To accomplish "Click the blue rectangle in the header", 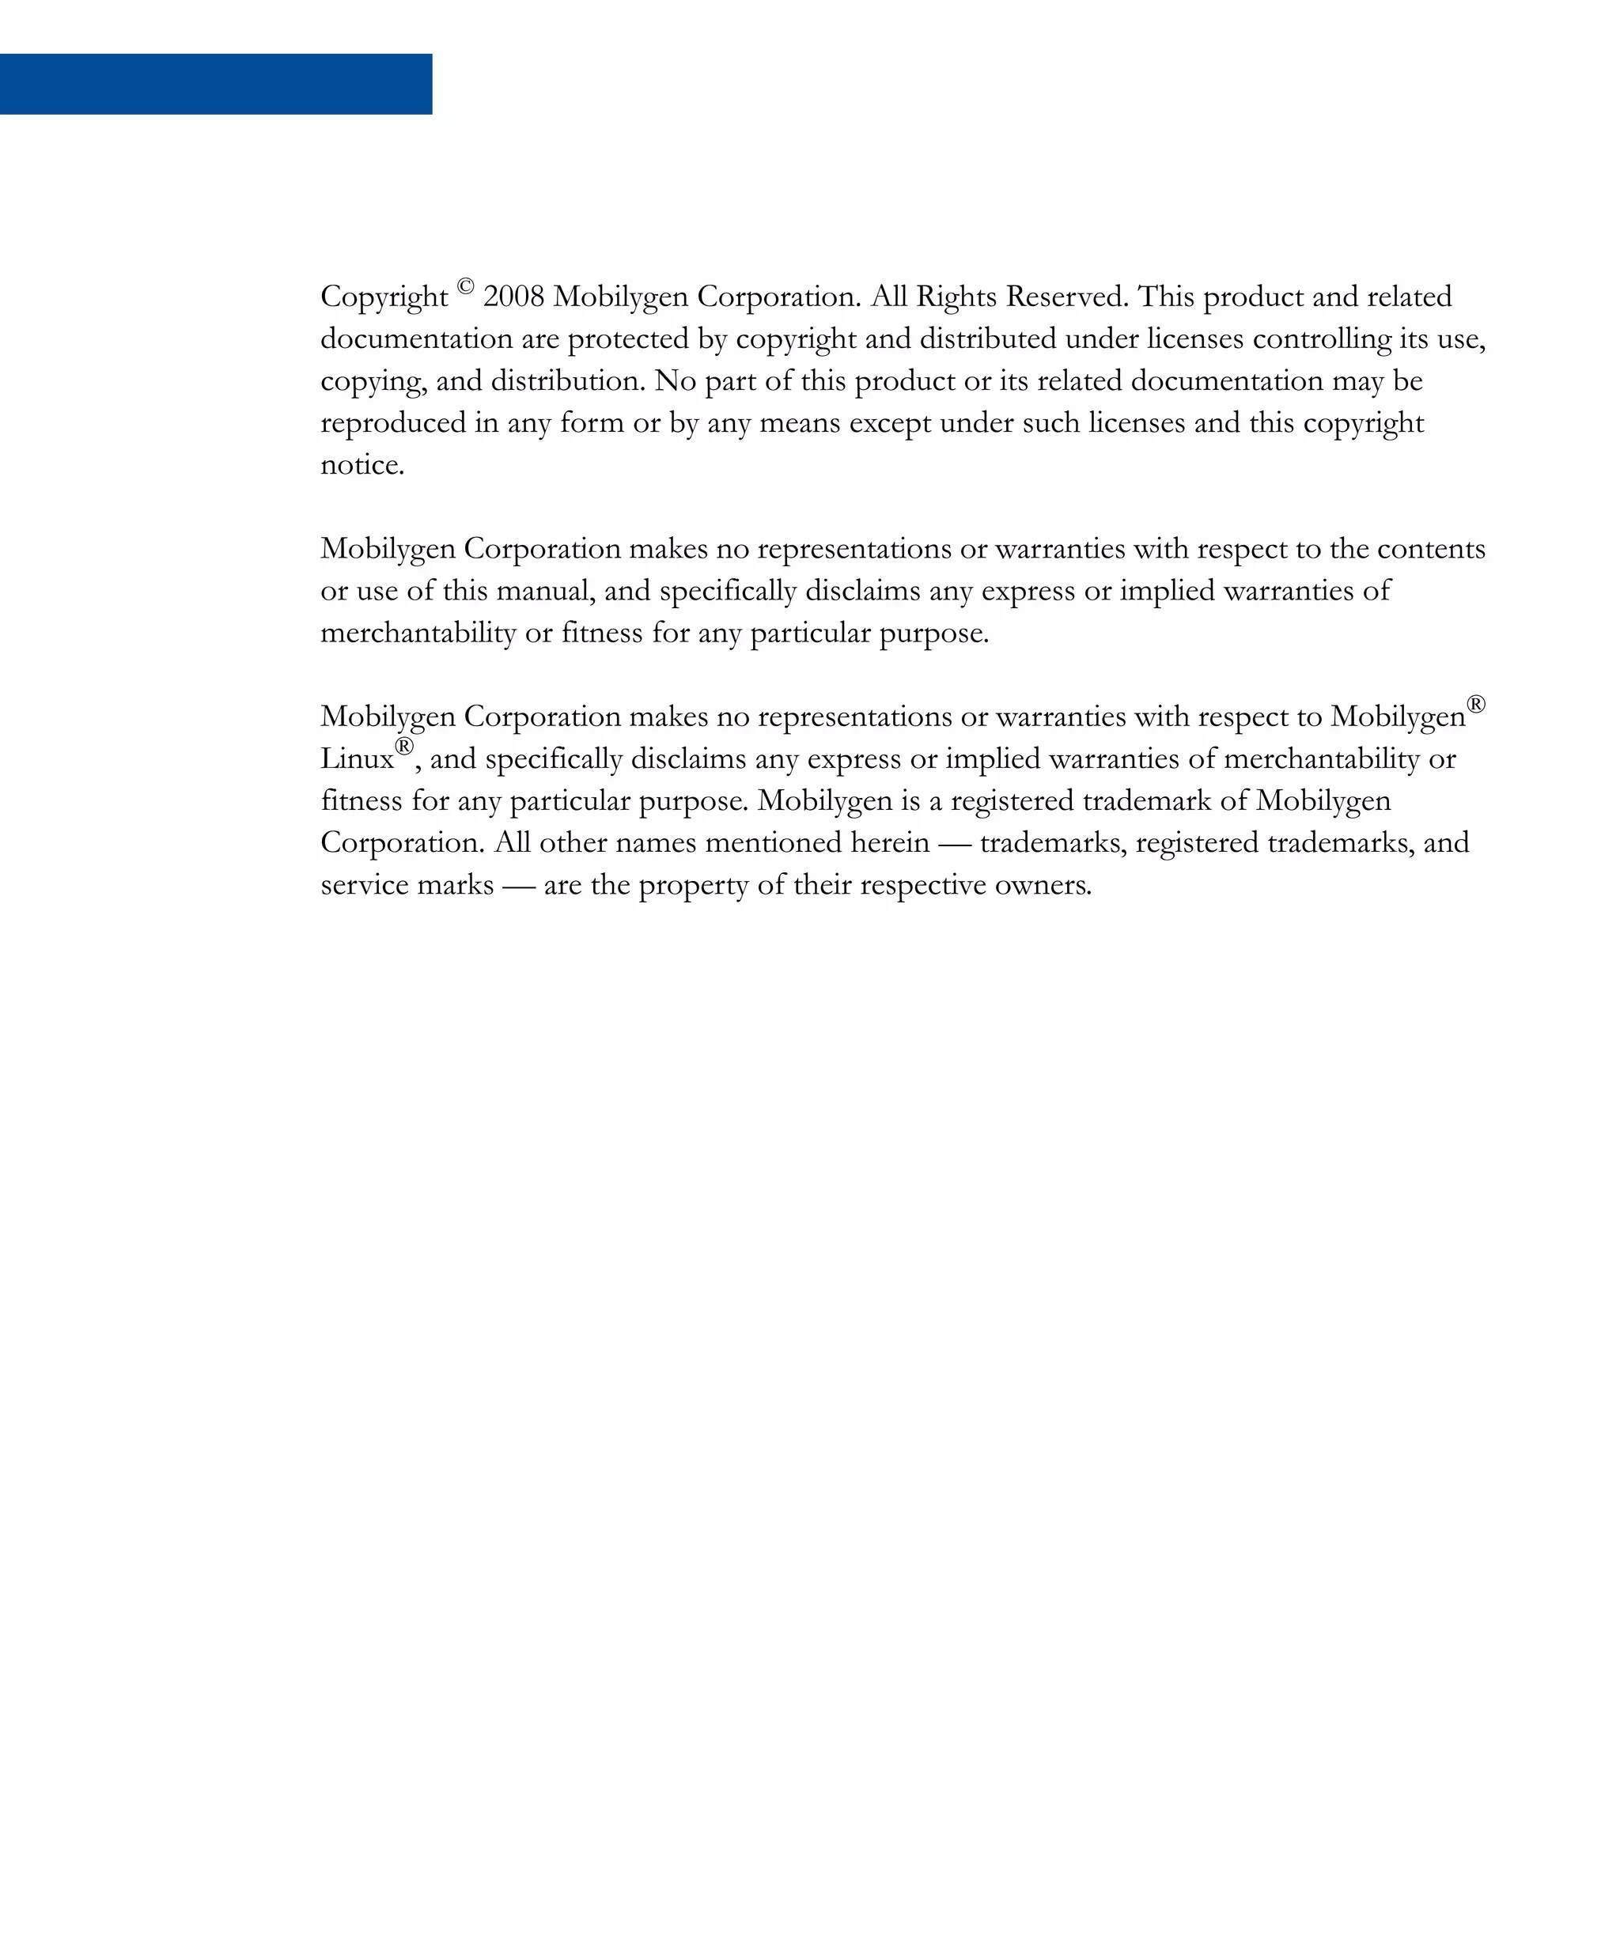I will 216,85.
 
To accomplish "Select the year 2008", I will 514,297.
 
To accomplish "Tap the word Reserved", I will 1066,297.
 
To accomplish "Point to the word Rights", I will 956,297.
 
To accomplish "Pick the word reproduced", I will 393,424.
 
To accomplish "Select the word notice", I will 362,466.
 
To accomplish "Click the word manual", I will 545,592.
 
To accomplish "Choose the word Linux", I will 357,760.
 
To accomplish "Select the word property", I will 694,886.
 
